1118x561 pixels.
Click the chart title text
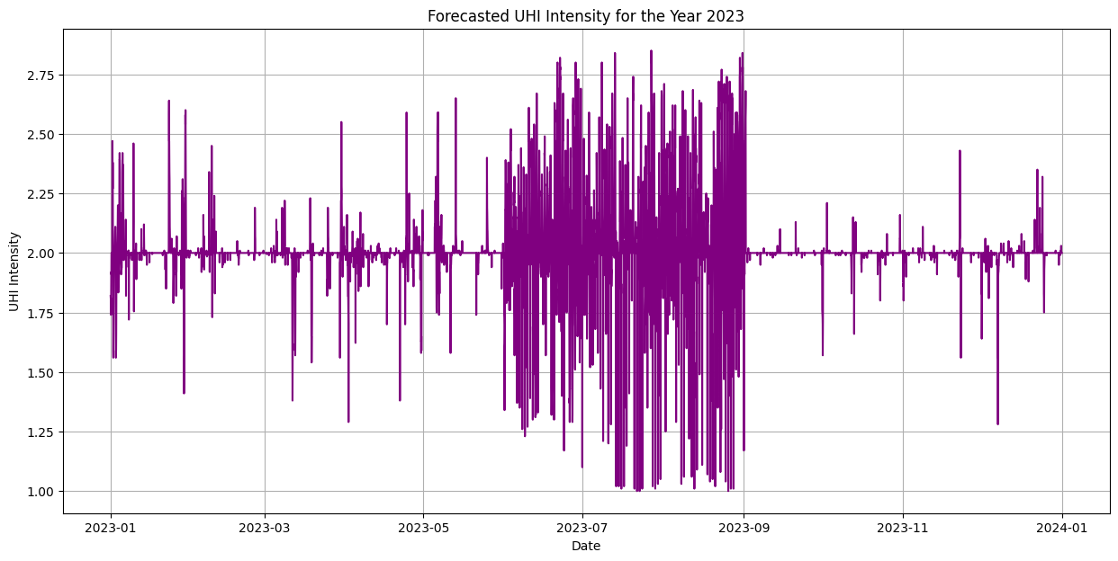585,15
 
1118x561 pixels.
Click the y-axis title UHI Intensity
14,272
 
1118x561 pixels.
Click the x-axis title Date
585,546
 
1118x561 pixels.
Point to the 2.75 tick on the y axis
41,76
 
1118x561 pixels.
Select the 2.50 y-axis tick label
41,135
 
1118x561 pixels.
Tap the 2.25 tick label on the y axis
41,194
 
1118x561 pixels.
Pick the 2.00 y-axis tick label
41,254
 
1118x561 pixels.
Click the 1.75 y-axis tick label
41,313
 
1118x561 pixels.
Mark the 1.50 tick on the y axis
41,373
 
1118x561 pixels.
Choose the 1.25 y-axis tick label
41,432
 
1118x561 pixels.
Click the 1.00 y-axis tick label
41,492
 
